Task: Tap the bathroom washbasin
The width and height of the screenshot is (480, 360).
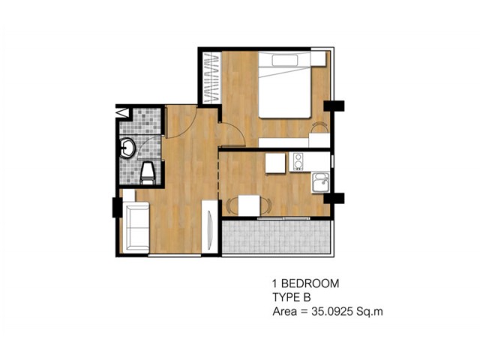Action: (127, 148)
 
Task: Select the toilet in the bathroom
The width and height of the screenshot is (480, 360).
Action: (147, 173)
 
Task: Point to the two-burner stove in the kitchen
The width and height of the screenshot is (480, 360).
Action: (298, 162)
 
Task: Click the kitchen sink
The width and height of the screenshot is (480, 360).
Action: (320, 183)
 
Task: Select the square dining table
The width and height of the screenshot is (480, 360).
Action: (249, 205)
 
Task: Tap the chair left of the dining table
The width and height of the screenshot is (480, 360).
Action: (232, 205)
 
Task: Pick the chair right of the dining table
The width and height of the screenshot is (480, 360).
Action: (265, 205)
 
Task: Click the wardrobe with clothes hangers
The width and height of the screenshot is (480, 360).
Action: (211, 78)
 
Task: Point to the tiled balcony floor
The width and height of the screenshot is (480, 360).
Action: (276, 237)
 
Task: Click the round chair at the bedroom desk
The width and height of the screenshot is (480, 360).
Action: (319, 127)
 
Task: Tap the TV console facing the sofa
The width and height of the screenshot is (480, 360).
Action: (210, 226)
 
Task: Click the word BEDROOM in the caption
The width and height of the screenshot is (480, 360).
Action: (310, 283)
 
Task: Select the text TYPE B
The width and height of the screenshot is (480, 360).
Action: (292, 298)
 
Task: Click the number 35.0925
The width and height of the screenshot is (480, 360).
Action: (332, 311)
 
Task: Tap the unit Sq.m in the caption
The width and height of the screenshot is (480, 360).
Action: (370, 312)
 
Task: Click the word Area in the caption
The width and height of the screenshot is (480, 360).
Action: (284, 311)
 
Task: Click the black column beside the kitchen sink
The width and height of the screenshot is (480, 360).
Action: (334, 198)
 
